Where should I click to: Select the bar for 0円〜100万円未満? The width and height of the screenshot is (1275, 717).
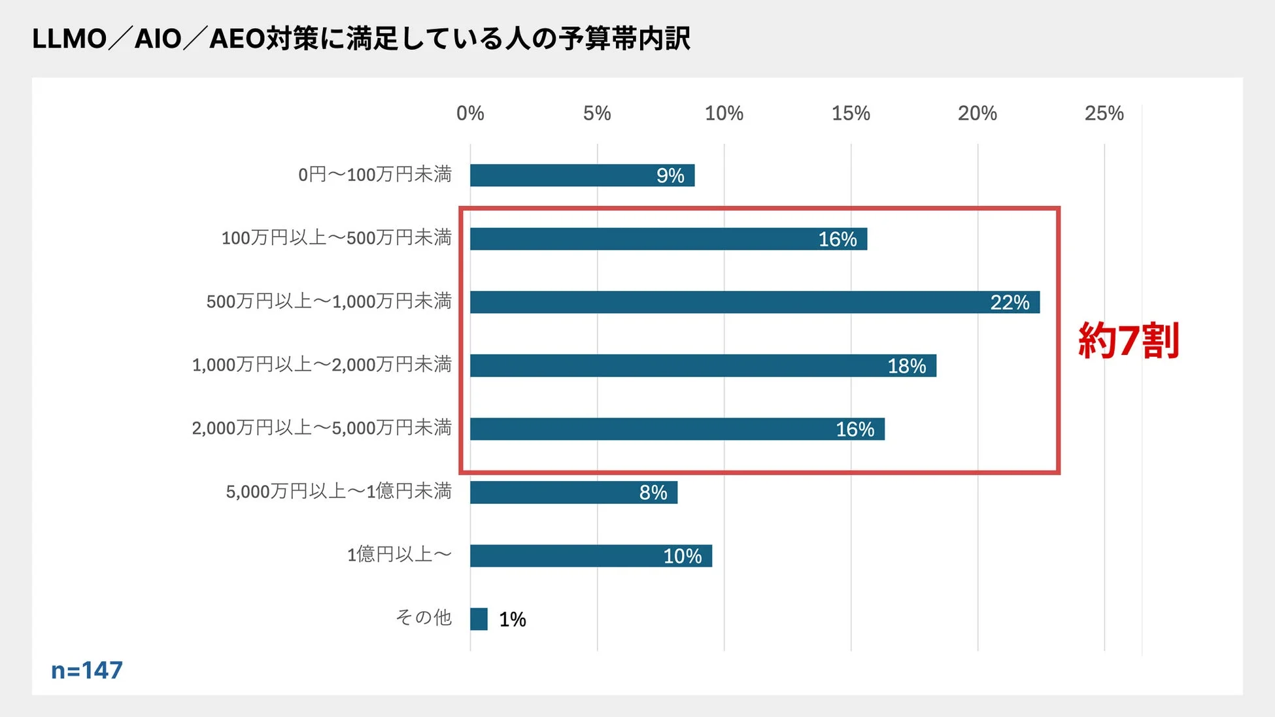562,175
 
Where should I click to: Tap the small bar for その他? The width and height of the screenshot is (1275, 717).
479,619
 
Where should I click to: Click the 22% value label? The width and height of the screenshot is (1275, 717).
1010,303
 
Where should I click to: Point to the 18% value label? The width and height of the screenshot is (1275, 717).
906,366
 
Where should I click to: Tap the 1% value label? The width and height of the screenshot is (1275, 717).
512,619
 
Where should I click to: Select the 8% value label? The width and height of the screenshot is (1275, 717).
653,493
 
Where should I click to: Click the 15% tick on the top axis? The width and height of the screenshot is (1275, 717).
851,114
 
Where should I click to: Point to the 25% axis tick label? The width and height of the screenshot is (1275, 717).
1104,114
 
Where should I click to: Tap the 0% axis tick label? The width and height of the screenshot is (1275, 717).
470,114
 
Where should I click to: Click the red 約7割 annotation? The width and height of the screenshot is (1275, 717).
1128,340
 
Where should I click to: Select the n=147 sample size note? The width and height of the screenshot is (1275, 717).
87,670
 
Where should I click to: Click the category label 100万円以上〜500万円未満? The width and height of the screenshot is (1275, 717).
336,238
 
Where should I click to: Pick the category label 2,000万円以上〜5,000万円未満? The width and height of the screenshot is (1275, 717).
321,428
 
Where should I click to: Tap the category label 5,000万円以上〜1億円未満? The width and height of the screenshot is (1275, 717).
338,492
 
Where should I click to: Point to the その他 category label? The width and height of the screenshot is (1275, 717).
424,618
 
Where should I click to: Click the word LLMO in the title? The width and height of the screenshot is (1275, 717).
69,39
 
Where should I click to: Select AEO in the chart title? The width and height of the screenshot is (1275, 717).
237,39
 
